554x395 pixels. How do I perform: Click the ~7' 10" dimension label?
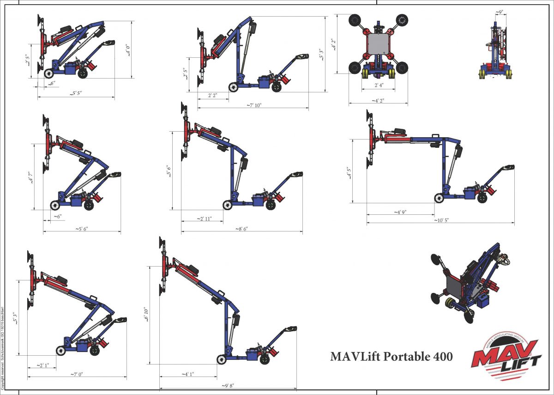254,105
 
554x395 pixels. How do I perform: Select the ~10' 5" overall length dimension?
441,220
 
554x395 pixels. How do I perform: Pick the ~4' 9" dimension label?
400,212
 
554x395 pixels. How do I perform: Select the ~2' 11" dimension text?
203,219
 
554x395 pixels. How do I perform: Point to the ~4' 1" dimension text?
188,374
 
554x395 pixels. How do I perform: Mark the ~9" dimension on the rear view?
500,12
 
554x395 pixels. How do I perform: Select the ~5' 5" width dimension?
76,93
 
